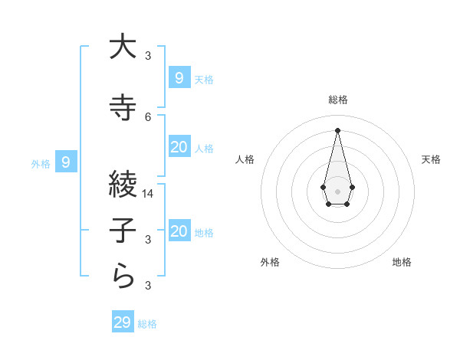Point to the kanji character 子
[x=123, y=231]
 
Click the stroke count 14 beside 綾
[x=148, y=194]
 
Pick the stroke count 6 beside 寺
[x=148, y=116]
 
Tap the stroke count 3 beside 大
[x=148, y=56]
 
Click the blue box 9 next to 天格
[x=179, y=77]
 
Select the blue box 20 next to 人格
[x=179, y=147]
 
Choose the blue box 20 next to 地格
[x=179, y=231]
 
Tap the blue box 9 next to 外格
[x=66, y=162]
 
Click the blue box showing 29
[x=122, y=322]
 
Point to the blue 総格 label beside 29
[x=147, y=324]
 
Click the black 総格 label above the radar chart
[x=337, y=100]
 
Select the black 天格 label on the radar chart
[x=432, y=159]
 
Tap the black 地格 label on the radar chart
[x=402, y=262]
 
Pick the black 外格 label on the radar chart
[x=270, y=262]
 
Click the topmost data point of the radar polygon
[x=337, y=129]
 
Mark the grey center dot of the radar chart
[x=337, y=191]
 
